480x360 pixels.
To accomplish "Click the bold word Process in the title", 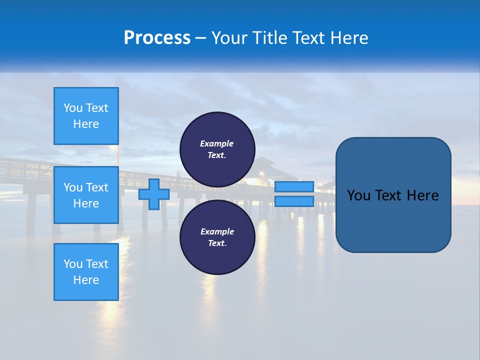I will [x=157, y=38].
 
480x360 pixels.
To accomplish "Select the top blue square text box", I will [x=86, y=116].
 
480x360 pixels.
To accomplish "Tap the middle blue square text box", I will [x=86, y=195].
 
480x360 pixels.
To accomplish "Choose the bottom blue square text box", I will [x=86, y=271].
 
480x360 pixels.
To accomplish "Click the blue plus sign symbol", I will [x=154, y=194].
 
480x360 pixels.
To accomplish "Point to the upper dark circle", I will [x=217, y=149].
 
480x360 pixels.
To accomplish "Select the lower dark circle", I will [x=217, y=237].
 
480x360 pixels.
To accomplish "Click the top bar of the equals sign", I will [x=294, y=187].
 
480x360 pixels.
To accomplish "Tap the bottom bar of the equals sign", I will [x=294, y=201].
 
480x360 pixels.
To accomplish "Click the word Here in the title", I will [x=348, y=38].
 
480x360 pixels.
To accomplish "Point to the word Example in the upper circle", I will [x=217, y=143].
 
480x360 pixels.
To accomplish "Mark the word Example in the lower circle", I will [x=217, y=231].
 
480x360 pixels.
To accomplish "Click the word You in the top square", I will [x=72, y=108].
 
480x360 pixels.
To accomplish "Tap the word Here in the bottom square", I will [x=86, y=280].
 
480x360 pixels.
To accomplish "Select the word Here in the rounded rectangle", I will [x=423, y=195].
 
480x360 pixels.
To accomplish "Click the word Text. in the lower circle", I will [x=217, y=243].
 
